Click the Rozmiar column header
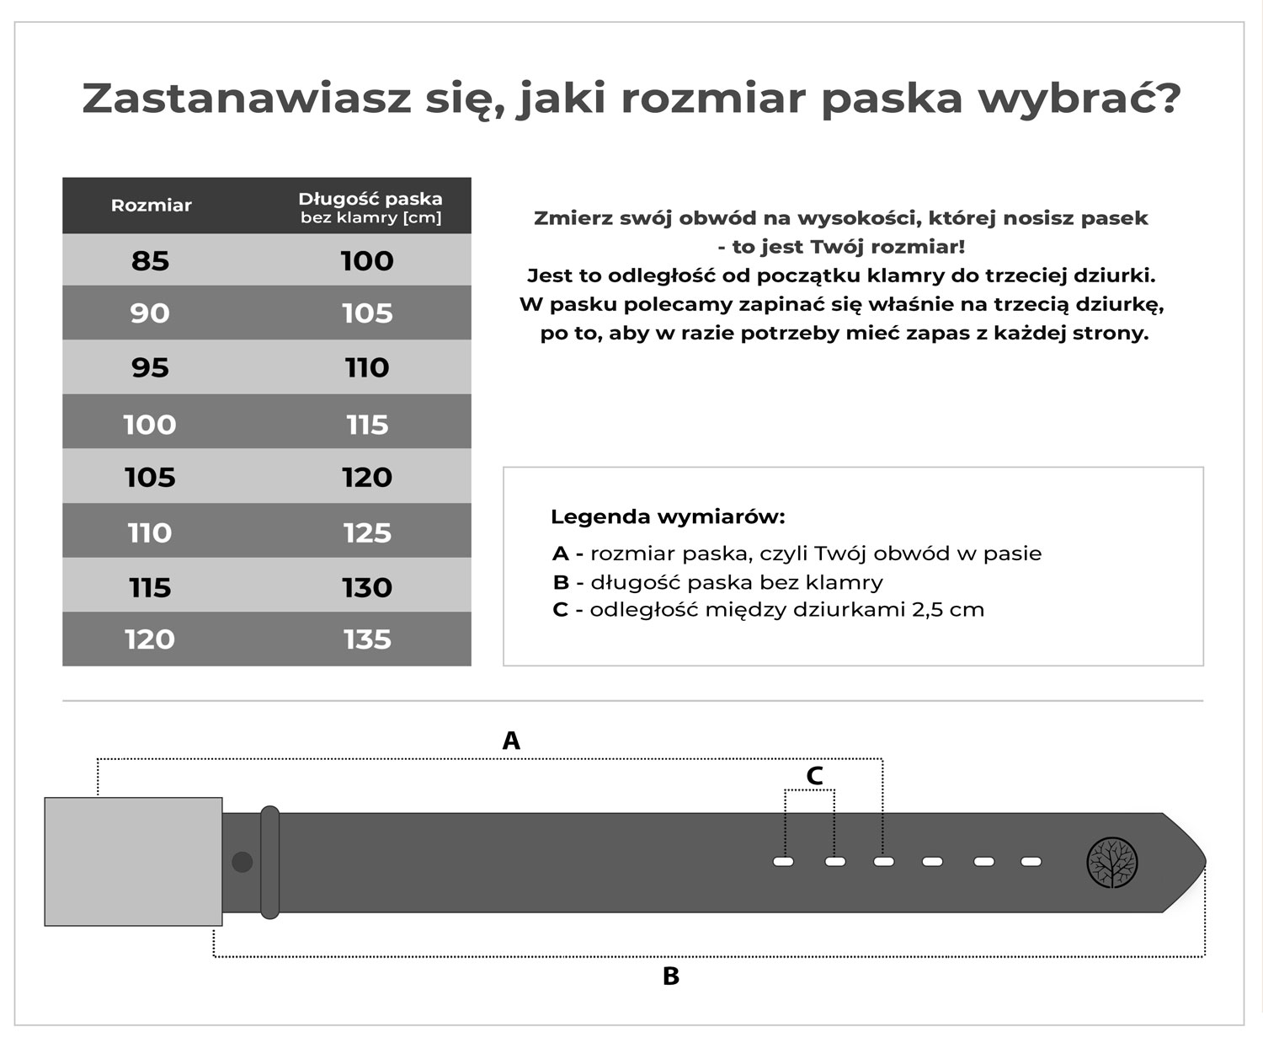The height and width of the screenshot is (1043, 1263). tap(152, 206)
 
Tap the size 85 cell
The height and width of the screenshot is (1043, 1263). tap(151, 261)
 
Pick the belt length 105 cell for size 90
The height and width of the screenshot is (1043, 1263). tap(367, 313)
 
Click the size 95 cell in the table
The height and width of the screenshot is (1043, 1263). tap(151, 367)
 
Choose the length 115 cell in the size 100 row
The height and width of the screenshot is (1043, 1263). tap(367, 425)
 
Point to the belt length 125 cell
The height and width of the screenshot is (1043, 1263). tap(367, 532)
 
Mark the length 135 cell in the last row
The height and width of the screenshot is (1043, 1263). tap(367, 639)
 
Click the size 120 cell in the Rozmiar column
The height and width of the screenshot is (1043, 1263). tap(151, 639)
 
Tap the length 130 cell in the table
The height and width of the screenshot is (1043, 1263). tap(367, 587)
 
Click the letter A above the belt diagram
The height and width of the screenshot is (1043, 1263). tap(511, 741)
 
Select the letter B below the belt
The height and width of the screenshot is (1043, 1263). tap(671, 976)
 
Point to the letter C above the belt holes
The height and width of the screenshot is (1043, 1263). tap(814, 776)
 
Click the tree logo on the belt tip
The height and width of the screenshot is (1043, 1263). tap(1112, 863)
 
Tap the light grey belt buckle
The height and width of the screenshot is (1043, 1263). tap(133, 861)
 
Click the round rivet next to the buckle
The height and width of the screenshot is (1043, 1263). tap(242, 862)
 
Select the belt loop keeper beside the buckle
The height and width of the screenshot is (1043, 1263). tap(269, 862)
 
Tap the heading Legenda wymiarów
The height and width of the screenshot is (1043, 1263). tap(668, 516)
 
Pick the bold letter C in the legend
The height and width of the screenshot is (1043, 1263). tap(561, 610)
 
